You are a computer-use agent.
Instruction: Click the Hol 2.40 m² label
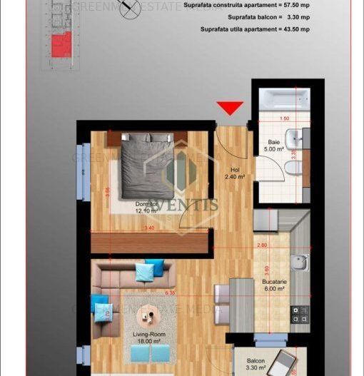pos(236,173)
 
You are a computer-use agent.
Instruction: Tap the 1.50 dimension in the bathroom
pos(285,118)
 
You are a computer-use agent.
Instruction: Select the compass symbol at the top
pos(127,14)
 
